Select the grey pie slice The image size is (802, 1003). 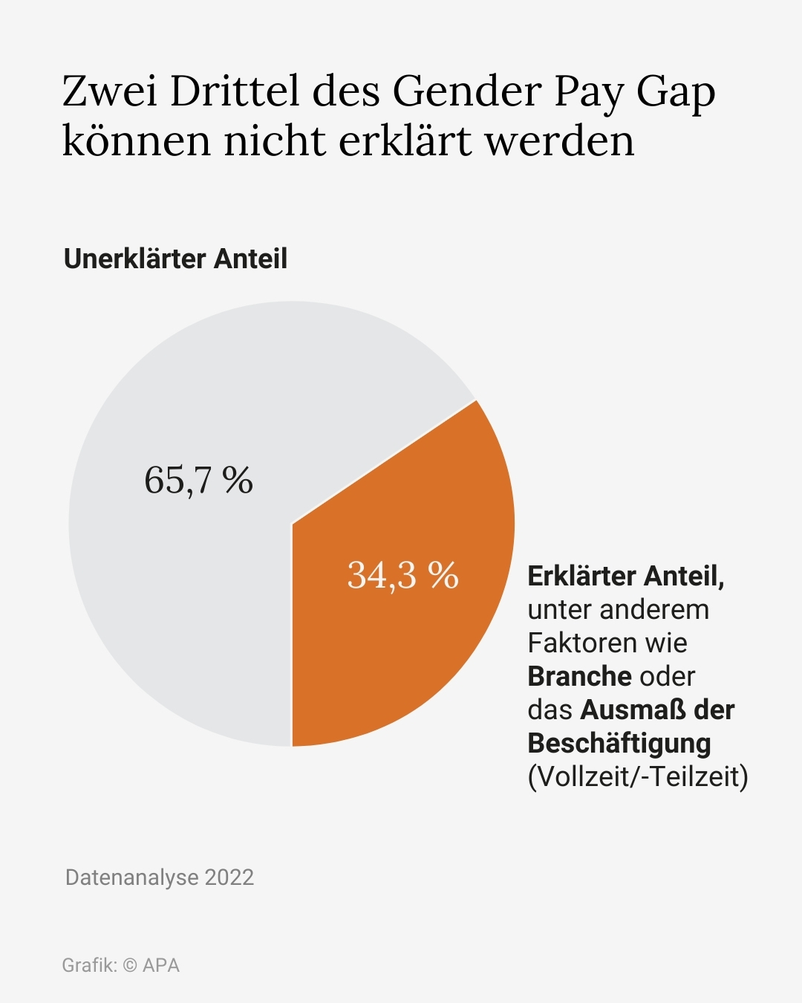[x=186, y=594]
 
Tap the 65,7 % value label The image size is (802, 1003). [x=198, y=480]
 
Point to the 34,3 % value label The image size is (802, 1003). [x=402, y=575]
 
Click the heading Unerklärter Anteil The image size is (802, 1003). [x=175, y=259]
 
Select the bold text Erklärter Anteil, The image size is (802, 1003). [x=625, y=576]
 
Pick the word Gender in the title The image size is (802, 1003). [x=467, y=91]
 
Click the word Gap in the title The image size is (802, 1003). [x=676, y=93]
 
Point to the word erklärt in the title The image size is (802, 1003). [x=405, y=140]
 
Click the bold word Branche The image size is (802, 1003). [x=579, y=676]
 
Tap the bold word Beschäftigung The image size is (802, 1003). [x=619, y=744]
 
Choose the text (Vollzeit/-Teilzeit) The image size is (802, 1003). [x=638, y=776]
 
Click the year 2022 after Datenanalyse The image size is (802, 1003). [x=229, y=877]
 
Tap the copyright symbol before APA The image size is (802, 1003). [x=130, y=965]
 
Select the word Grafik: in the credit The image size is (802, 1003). [x=89, y=965]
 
